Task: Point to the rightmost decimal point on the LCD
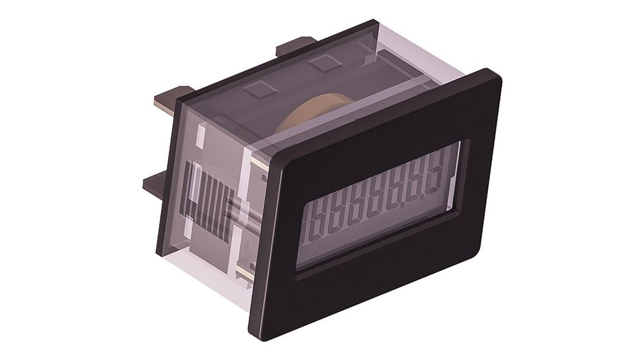(x=424, y=191)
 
